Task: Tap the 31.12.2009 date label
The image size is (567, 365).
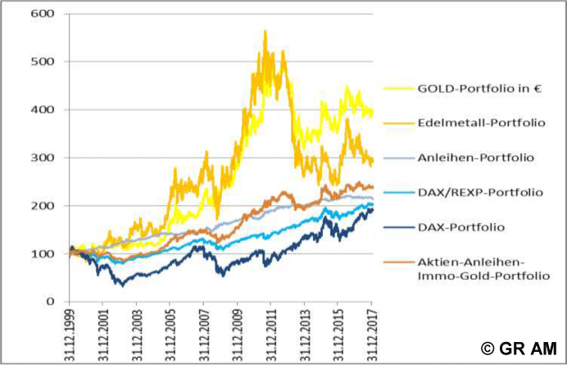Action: (x=238, y=332)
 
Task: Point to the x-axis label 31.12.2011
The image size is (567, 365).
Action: (x=271, y=332)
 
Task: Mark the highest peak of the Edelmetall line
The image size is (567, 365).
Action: (x=265, y=31)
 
